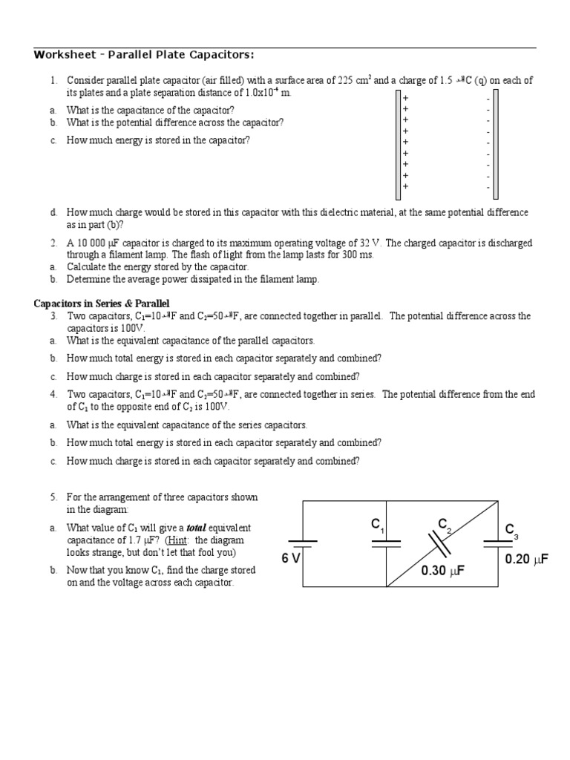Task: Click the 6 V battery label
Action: click(x=290, y=557)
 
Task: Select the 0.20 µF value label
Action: click(x=526, y=558)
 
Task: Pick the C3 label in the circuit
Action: click(x=511, y=530)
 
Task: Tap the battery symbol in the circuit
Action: click(x=303, y=546)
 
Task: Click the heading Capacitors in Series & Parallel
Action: click(x=102, y=304)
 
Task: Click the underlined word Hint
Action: click(x=188, y=540)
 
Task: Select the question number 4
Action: click(x=54, y=395)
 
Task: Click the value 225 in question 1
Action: click(x=347, y=80)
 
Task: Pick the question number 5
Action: click(x=54, y=497)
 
